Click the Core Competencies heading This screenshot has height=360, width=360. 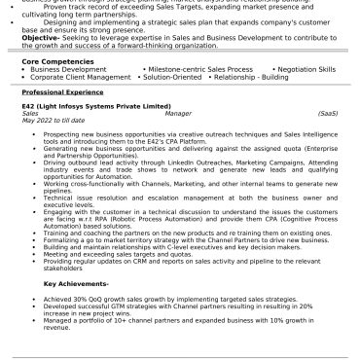[58, 60]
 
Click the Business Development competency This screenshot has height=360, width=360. [68, 69]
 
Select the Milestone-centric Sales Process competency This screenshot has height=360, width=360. [191, 69]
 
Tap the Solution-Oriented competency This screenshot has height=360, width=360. [185, 77]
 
